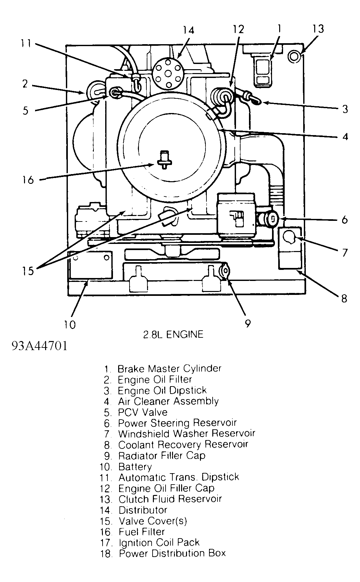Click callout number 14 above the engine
click(188, 30)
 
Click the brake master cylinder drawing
click(263, 72)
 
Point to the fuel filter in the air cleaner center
click(165, 160)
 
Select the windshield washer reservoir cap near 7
click(289, 238)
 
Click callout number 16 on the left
click(28, 179)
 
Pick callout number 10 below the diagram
click(69, 324)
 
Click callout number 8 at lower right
click(344, 298)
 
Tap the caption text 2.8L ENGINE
click(173, 334)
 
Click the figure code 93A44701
click(39, 346)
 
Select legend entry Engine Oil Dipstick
click(162, 390)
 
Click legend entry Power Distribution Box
click(172, 553)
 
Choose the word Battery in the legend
click(135, 467)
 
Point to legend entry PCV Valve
click(143, 412)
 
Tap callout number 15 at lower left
click(28, 270)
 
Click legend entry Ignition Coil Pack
click(159, 542)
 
